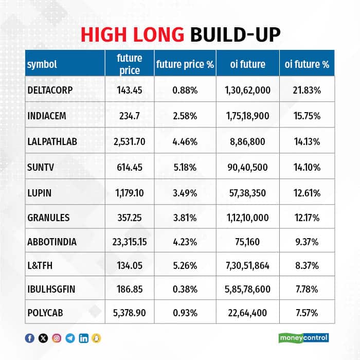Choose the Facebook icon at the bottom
pos(30,338)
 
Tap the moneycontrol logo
pos(303,338)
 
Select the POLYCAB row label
pos(45,312)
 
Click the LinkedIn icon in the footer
pos(83,338)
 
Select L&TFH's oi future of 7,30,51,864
pos(247,266)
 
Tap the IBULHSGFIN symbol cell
pos(51,289)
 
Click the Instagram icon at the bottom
pos(57,338)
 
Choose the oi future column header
pos(247,64)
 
